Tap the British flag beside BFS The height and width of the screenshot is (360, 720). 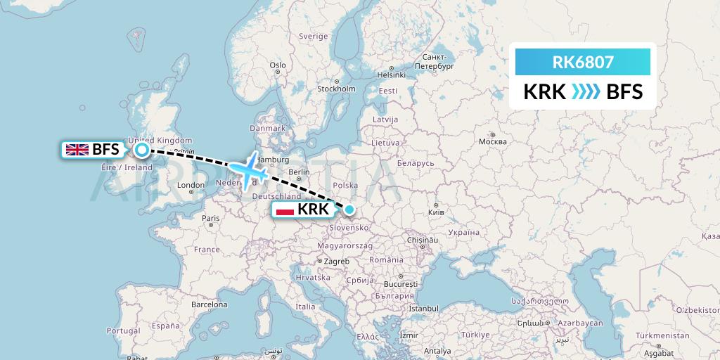tap(76, 149)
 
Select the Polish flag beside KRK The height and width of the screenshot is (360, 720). tap(285, 210)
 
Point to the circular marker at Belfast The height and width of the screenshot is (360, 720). tap(142, 149)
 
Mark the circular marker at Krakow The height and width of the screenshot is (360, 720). tap(349, 209)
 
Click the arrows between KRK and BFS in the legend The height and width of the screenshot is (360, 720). tap(576, 91)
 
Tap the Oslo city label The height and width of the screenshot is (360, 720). tap(278, 65)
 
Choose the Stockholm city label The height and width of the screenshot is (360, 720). tap(336, 89)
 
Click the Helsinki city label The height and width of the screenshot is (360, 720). tap(392, 74)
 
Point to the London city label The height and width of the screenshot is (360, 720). tap(191, 185)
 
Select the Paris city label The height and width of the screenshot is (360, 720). tap(211, 218)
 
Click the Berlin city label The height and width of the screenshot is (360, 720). tap(299, 172)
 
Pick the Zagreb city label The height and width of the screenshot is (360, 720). tap(337, 261)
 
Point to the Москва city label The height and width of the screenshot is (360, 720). tap(492, 141)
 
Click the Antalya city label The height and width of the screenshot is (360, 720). tap(437, 351)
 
